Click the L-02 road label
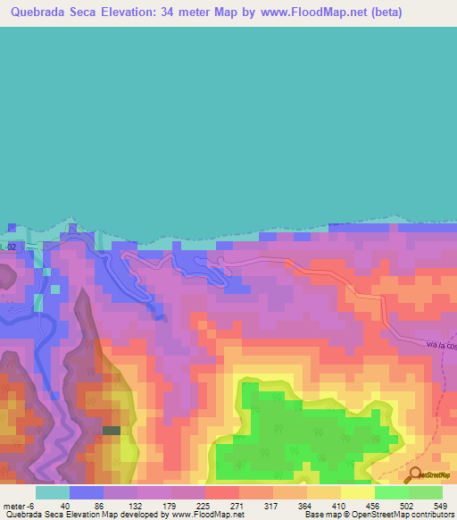coord(8,246)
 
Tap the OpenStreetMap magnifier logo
coord(416,474)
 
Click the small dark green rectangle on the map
coord(112,431)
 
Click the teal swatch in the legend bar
coord(53,492)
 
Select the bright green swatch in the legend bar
coord(391,492)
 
